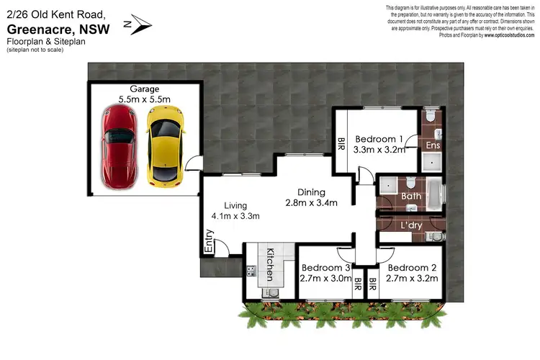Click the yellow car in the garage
(x=164, y=144)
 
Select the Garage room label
(x=145, y=89)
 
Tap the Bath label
(x=412, y=195)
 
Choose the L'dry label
(x=411, y=226)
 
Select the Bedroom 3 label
(x=324, y=267)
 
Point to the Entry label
(x=210, y=241)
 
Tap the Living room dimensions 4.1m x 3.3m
(x=235, y=215)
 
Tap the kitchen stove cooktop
(x=251, y=271)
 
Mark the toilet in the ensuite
(x=429, y=115)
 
